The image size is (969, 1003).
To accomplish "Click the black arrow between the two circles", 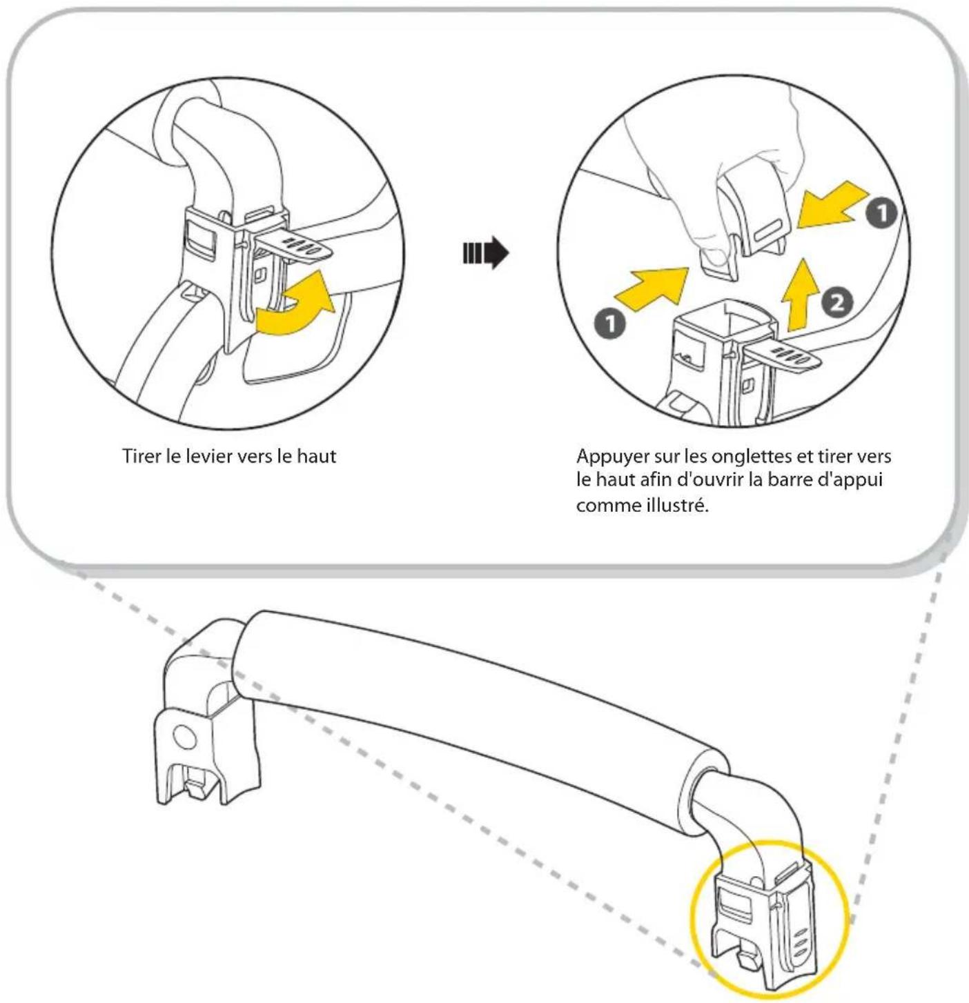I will coord(486,253).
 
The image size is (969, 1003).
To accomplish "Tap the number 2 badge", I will coord(836,303).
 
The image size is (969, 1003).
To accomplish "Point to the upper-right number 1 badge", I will coord(881,213).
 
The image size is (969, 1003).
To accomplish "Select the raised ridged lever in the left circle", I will coord(297,245).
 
